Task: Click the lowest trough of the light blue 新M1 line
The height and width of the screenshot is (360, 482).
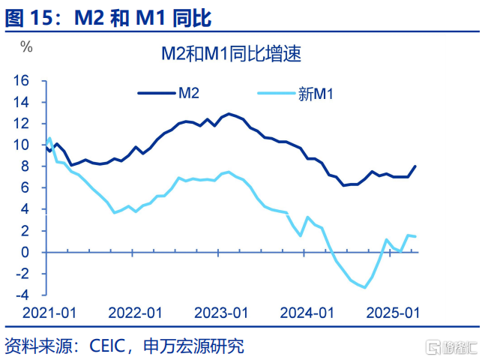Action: [x=365, y=287]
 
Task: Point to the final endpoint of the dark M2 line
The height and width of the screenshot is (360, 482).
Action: [x=416, y=166]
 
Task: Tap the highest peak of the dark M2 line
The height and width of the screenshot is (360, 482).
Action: [x=228, y=114]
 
